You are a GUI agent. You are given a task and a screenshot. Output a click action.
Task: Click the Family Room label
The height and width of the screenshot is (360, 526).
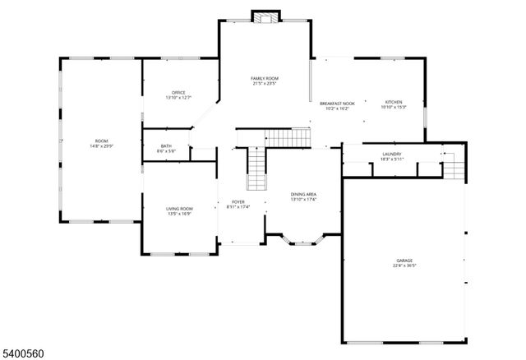click(x=264, y=78)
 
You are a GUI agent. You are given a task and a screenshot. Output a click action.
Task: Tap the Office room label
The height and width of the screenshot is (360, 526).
click(x=178, y=92)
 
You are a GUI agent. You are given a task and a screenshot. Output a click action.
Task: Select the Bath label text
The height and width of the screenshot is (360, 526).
click(x=167, y=146)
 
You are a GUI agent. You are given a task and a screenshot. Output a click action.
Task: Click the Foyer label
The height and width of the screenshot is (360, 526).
click(x=238, y=201)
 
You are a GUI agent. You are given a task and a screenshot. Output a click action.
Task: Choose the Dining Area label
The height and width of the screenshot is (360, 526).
click(x=303, y=195)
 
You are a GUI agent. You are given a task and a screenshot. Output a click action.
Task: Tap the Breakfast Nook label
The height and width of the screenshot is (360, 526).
click(x=336, y=103)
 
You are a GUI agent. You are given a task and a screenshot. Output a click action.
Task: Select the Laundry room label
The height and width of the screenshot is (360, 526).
click(x=391, y=154)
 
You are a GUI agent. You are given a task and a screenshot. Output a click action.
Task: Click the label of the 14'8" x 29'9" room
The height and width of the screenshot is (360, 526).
click(x=101, y=141)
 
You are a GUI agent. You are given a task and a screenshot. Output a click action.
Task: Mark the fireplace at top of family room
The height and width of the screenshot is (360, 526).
click(x=265, y=17)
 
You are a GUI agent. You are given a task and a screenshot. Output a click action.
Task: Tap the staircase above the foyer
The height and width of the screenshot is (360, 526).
click(x=258, y=171)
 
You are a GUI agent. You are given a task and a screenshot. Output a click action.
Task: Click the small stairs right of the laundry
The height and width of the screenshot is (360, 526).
click(x=453, y=168)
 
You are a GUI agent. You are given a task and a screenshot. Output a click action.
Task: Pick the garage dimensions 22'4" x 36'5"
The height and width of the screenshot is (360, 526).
click(x=404, y=265)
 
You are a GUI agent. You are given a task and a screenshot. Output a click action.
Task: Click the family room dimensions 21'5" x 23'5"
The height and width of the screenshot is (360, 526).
click(x=264, y=83)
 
